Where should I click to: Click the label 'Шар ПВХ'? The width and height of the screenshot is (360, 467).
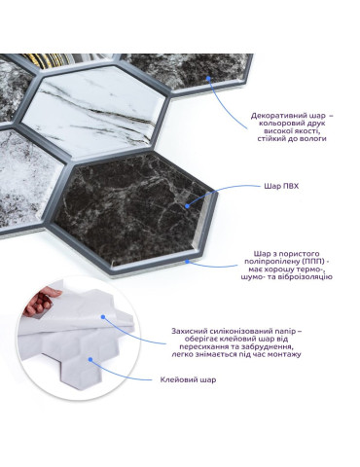[281, 187]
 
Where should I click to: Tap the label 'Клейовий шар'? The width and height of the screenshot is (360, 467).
[188, 379]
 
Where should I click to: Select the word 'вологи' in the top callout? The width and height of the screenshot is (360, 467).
[314, 139]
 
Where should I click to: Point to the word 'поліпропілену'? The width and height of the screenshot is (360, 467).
[272, 262]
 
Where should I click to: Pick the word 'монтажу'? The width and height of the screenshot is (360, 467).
[285, 354]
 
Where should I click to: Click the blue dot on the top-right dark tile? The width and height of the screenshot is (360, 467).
[208, 78]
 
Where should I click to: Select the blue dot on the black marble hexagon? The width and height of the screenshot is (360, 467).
[187, 205]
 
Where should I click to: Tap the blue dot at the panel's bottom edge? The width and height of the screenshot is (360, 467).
[187, 261]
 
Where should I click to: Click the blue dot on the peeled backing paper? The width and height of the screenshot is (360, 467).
[103, 317]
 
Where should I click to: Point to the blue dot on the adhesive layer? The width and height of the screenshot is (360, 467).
[90, 359]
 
